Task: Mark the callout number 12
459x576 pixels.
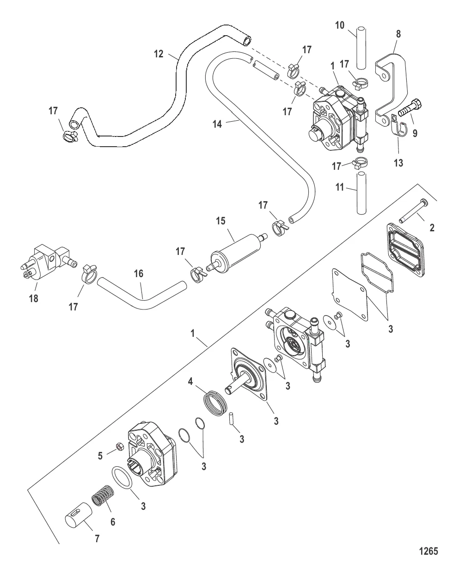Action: point(159,54)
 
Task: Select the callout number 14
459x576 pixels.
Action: point(217,124)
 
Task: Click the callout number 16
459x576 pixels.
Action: point(138,274)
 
